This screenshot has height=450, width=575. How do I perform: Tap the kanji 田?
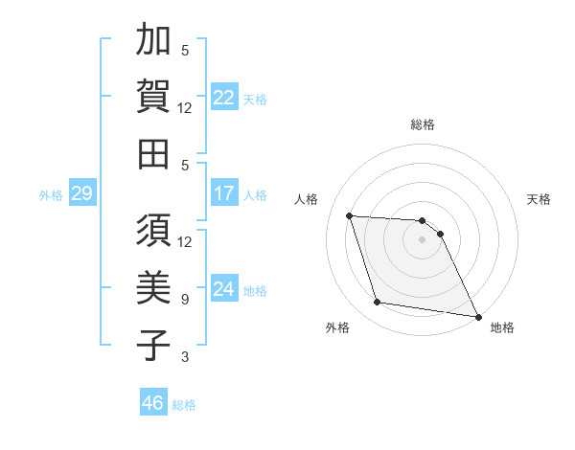pos(153,153)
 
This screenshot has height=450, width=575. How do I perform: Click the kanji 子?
pos(153,345)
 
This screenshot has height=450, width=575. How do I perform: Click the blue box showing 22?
pos(224,97)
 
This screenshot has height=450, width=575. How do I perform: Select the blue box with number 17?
pos(224,194)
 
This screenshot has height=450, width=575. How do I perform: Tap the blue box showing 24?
pos(224,290)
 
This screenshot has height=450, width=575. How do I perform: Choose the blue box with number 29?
pos(81,194)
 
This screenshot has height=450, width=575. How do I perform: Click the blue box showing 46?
pos(152,404)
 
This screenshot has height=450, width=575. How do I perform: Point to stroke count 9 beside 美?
pos(185,300)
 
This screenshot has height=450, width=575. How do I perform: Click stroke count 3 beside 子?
pos(185,357)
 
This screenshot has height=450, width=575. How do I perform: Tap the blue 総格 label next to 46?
pos(184,405)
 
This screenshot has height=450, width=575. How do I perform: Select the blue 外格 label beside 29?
pos(51,195)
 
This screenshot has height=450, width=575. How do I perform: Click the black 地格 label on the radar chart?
pos(502,327)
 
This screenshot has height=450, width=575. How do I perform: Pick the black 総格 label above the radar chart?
pos(422,124)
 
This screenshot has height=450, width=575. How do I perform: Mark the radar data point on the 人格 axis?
pos(350,215)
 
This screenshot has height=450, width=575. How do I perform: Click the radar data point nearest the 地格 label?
pos(476,316)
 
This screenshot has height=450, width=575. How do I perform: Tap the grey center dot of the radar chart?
pos(422,239)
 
